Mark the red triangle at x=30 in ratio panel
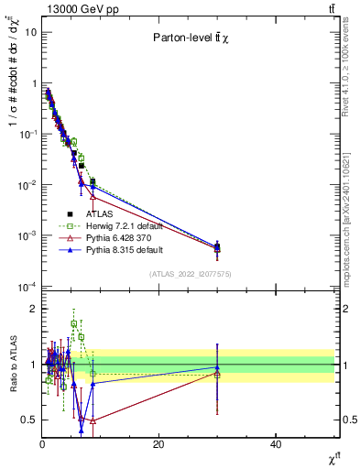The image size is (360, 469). pos(217,374)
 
